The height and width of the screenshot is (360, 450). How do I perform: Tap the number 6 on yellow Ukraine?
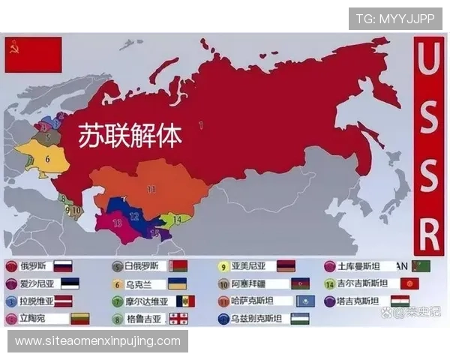(47, 158)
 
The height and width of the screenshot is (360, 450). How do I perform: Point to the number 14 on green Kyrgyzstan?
(177, 219)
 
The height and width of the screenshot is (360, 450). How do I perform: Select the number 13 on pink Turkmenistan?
(117, 223)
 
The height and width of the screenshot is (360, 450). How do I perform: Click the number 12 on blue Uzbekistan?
(134, 216)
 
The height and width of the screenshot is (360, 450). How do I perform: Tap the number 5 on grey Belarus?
(47, 137)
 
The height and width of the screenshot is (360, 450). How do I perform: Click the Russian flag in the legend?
(63, 266)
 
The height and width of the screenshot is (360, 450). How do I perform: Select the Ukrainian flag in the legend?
(177, 284)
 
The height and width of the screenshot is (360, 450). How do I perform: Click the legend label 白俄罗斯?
(142, 266)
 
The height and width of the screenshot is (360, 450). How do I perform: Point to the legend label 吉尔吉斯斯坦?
(361, 284)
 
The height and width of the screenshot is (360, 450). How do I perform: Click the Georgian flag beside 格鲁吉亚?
(178, 319)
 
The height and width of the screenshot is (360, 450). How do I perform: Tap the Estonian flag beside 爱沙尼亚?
(69, 284)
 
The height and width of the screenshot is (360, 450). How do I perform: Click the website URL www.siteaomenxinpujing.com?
(98, 341)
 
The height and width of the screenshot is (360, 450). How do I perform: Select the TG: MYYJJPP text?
(394, 19)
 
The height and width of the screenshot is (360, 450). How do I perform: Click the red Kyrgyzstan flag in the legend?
(409, 284)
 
